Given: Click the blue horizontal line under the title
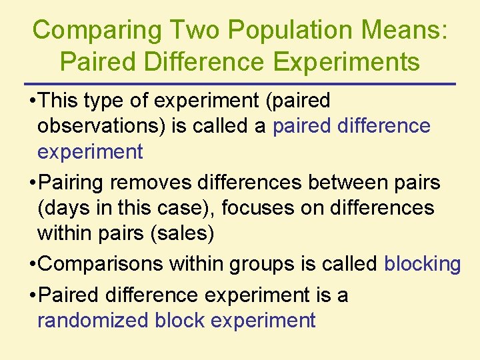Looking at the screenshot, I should pyautogui.click(x=240, y=84).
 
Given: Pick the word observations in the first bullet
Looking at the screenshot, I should pyautogui.click(x=101, y=126).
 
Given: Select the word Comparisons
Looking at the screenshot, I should pyautogui.click(x=101, y=264).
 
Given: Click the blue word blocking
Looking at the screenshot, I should pyautogui.click(x=422, y=264).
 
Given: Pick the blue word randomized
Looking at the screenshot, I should pyautogui.click(x=93, y=320).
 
